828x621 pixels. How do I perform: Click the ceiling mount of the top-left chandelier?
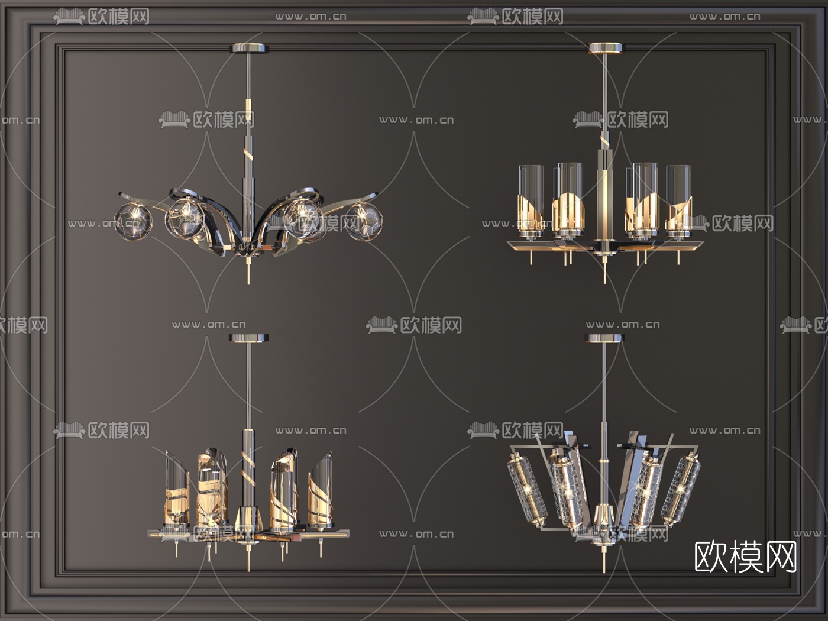click(x=250, y=48)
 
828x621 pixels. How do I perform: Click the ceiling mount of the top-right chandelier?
click(x=606, y=47)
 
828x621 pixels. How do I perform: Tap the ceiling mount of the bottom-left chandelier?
click(x=248, y=338)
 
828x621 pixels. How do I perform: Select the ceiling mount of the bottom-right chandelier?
click(x=604, y=338)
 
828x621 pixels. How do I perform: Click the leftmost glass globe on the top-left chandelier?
click(x=133, y=222)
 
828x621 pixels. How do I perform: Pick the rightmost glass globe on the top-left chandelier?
click(x=364, y=221)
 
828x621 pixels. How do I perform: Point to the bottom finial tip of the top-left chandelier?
click(x=248, y=282)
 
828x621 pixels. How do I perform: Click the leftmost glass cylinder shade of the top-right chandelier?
click(x=531, y=201)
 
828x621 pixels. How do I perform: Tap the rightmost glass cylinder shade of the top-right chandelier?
click(x=678, y=201)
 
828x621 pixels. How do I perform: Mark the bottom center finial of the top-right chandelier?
click(x=605, y=271)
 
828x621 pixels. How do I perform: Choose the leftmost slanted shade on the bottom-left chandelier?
click(x=177, y=489)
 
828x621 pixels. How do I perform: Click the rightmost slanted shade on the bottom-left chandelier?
click(x=320, y=489)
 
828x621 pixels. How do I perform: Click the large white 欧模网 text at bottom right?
click(x=745, y=557)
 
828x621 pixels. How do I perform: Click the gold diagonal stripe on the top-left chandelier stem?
click(x=249, y=154)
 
